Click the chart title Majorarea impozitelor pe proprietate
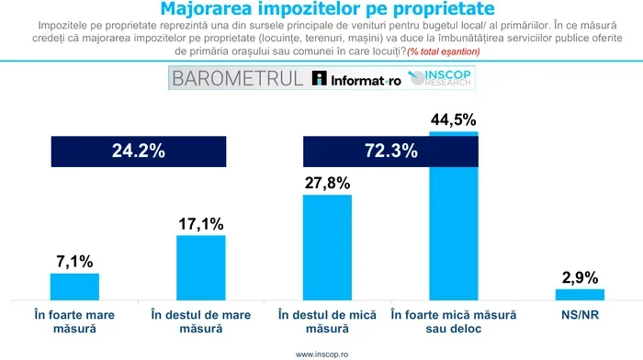click(321, 9)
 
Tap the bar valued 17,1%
click(200, 266)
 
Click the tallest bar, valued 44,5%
click(453, 220)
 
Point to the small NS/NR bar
click(580, 293)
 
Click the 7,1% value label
click(74, 262)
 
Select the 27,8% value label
click(326, 183)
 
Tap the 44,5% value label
click(453, 120)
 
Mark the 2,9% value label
click(580, 276)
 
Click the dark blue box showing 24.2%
click(138, 152)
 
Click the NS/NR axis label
click(580, 314)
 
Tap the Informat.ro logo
click(355, 78)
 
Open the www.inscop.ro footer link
click(321, 353)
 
